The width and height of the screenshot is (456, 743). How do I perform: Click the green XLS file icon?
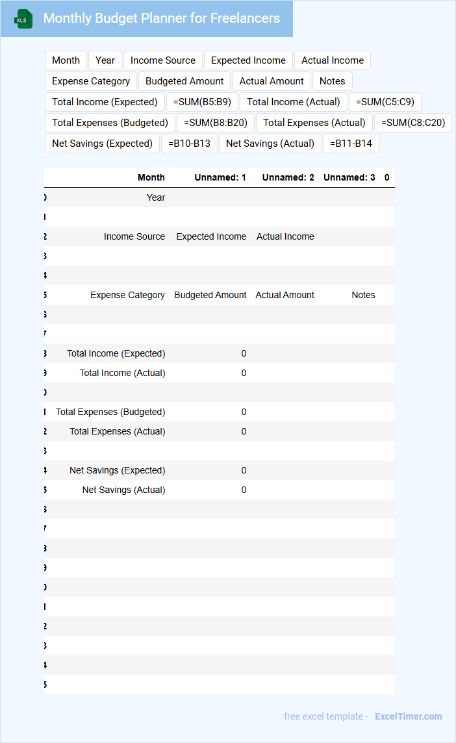coord(23,19)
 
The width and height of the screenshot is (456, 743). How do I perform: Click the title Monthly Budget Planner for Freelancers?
coord(161,18)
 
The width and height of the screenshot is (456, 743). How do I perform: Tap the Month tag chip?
coord(66,60)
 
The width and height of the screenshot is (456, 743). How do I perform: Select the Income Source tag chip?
coord(162,60)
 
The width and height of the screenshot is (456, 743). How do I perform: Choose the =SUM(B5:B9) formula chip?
coord(202,102)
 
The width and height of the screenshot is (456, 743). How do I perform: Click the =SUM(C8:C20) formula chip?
coord(413,123)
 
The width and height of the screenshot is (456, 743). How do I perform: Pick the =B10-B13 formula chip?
coord(189,144)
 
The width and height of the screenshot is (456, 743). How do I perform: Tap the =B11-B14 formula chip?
coord(351,144)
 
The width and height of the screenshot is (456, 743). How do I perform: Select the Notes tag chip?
coord(332,81)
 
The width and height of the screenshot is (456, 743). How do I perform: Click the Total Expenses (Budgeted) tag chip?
coord(110,123)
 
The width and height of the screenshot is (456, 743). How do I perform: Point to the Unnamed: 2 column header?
coord(288,177)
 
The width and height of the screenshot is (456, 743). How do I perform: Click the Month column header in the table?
coord(151,177)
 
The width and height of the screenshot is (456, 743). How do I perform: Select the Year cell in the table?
coord(156,197)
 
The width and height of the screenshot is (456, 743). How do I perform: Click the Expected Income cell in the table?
coord(211,236)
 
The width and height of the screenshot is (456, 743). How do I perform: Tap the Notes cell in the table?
coord(363,295)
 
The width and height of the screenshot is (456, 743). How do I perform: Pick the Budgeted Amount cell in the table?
coord(210,295)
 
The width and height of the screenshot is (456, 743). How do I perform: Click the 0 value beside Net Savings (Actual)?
coord(244,490)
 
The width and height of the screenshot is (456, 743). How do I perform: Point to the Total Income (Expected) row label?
coord(116,353)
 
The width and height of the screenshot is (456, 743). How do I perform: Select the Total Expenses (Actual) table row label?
coord(117,431)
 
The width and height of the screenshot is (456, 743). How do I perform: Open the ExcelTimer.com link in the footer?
coord(408,716)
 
